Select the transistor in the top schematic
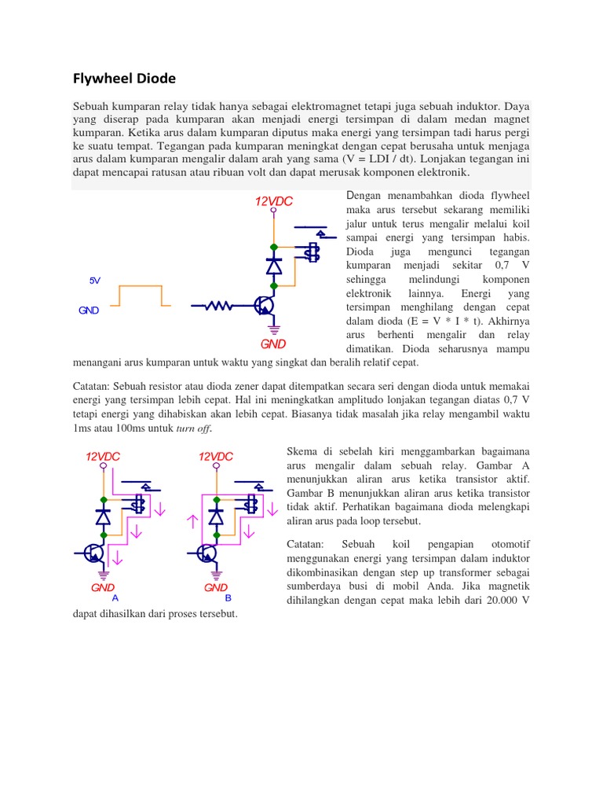[265, 305]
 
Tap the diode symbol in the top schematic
[274, 266]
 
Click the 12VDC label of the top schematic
[273, 202]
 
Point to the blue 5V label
[95, 281]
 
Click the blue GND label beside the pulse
[89, 311]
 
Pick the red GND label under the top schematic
[273, 344]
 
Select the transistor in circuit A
[95, 553]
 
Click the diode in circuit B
[215, 516]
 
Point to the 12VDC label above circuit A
[103, 457]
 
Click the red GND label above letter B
[216, 587]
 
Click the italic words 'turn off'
[196, 428]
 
